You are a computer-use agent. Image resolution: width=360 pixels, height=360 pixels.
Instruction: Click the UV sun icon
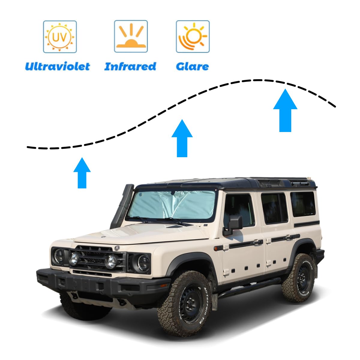coord(60,37)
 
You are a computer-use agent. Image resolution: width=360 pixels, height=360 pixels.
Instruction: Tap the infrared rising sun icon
coord(131,36)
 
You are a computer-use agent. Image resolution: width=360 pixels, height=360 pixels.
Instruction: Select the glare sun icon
coord(193,36)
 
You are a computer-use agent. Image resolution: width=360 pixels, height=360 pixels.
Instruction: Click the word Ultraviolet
coord(58,66)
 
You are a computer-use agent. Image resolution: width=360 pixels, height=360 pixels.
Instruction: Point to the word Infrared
coord(130,66)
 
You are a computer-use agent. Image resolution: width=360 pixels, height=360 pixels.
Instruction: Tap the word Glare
coord(192,67)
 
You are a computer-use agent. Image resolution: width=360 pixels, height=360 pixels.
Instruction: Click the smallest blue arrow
coord(82,173)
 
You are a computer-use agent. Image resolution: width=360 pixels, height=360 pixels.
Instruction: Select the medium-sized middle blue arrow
coord(182,138)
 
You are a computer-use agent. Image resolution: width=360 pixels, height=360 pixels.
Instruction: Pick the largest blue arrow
coord(285,110)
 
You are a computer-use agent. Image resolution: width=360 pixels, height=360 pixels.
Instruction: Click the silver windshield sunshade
coord(172,205)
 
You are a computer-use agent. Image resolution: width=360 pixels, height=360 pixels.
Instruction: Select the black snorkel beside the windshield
coord(122,205)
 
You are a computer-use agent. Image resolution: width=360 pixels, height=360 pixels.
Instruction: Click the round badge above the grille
coord(117,248)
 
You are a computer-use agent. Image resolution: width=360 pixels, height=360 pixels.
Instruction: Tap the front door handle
coord(258,242)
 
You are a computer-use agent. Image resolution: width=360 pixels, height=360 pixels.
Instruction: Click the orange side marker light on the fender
coord(216,249)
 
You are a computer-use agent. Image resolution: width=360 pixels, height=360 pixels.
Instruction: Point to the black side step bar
coord(249,288)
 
